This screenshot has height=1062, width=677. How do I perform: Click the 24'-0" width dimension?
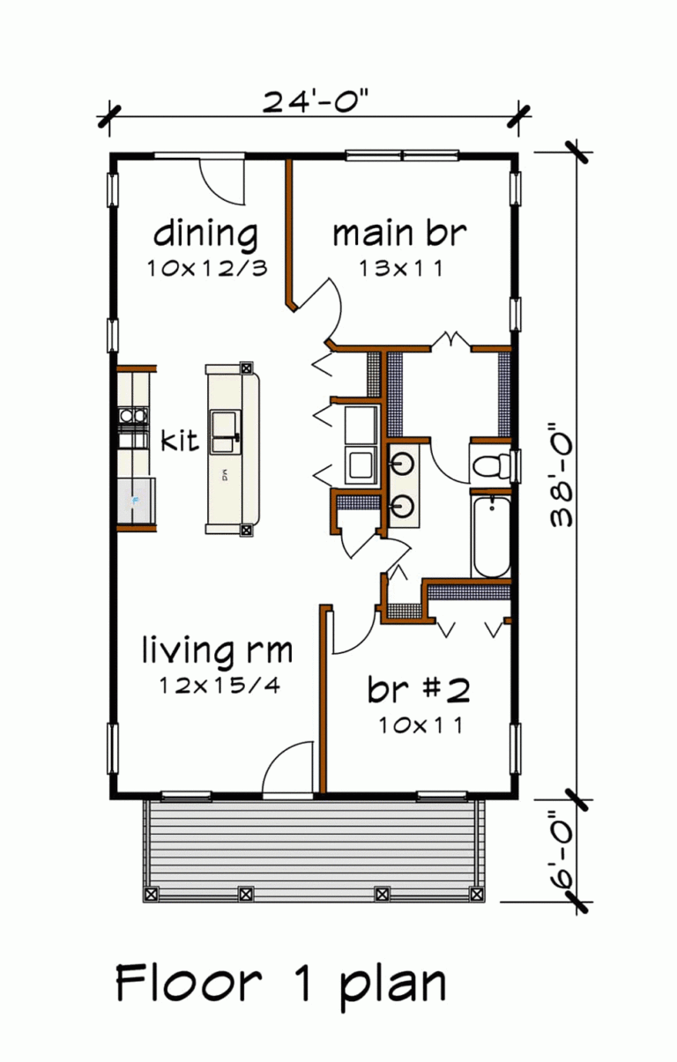click(314, 101)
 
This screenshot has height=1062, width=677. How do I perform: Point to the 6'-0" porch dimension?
click(564, 850)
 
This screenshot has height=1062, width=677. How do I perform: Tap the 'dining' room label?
click(206, 235)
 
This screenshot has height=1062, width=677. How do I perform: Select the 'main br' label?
click(398, 234)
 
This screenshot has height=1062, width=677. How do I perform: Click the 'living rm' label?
click(218, 651)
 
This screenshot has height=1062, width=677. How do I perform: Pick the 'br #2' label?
click(419, 691)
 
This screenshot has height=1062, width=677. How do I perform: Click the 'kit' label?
click(180, 441)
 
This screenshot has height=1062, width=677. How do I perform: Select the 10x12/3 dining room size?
click(206, 269)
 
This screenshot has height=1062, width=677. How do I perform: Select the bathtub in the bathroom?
click(490, 535)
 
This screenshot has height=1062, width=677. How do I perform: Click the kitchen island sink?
click(224, 425)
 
